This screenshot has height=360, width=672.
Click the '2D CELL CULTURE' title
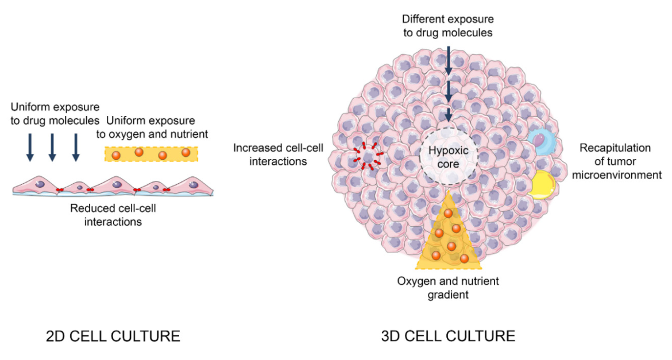(x=113, y=336)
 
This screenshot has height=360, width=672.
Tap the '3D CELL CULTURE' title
(x=448, y=336)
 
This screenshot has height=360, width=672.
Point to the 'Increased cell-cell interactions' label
(x=278, y=154)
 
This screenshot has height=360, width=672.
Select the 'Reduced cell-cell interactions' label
(x=113, y=214)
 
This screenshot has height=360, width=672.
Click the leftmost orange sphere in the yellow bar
(x=117, y=155)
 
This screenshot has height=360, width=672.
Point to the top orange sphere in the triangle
(x=448, y=214)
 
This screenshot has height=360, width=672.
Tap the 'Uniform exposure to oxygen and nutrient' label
(x=151, y=128)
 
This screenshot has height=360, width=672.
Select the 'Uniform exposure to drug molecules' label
(x=55, y=113)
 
